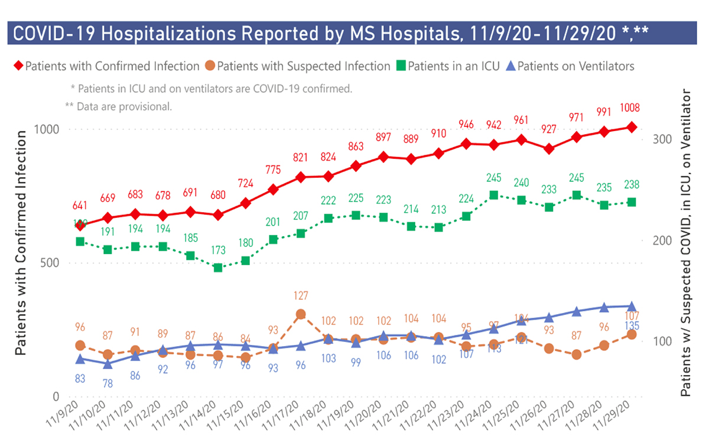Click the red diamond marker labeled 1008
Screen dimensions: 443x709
632,127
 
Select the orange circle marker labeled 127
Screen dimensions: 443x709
301,314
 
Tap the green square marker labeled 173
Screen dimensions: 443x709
218,268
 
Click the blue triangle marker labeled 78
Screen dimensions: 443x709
108,364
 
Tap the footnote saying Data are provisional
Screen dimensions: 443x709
118,107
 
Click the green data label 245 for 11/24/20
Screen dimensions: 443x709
494,177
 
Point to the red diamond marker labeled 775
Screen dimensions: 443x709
274,190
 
